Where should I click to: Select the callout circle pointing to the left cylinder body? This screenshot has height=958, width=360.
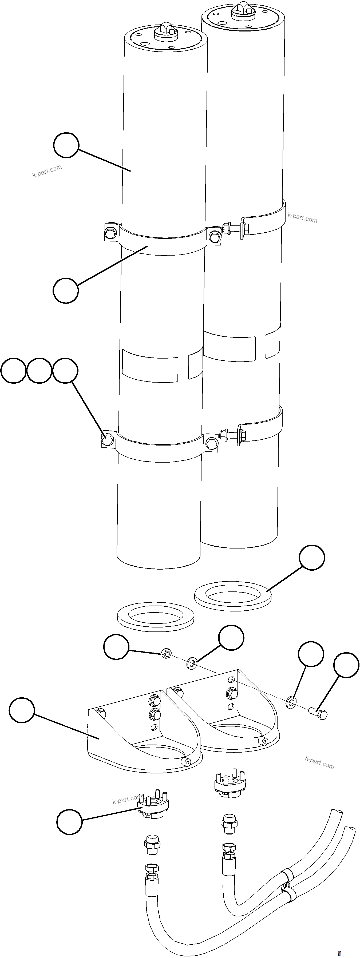(x=66, y=145)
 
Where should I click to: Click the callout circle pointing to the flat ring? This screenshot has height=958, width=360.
(x=312, y=567)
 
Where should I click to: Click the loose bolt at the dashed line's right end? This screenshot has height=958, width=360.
(x=318, y=713)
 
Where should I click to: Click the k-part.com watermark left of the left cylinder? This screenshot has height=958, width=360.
(x=47, y=171)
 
